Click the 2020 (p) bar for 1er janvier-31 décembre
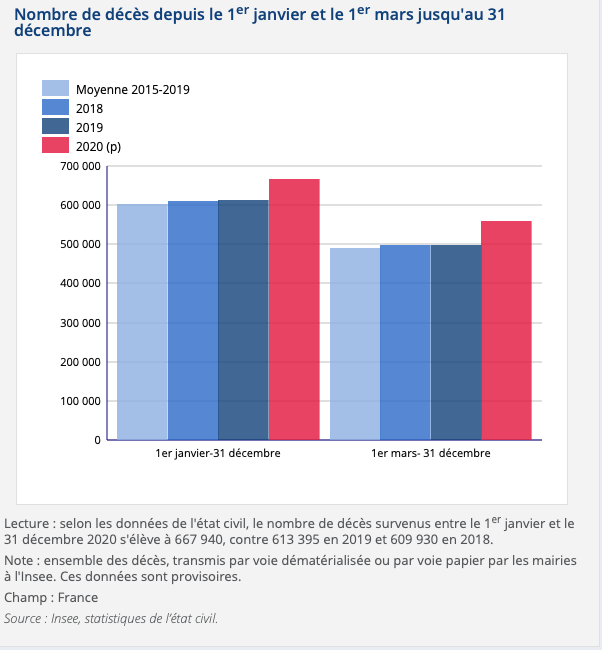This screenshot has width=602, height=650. coord(294,310)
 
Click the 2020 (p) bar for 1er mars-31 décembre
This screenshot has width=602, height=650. coord(506,330)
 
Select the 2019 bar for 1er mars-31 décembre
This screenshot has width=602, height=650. coord(456,342)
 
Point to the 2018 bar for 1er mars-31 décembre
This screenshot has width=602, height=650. coord(405,342)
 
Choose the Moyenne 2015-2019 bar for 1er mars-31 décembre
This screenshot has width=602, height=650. coord(355,344)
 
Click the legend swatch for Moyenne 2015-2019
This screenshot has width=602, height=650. coord(55,89)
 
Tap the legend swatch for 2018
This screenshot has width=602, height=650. coord(55,108)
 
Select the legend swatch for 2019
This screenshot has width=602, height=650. coord(55,127)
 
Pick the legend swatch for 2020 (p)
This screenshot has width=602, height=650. coord(55,146)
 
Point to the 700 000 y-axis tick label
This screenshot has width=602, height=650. coord(80,166)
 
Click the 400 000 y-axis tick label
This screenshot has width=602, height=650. coord(80,283)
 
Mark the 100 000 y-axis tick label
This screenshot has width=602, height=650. coord(80,401)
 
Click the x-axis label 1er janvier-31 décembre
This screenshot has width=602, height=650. coord(218,453)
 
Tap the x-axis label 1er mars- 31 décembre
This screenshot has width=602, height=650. coord(431,453)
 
